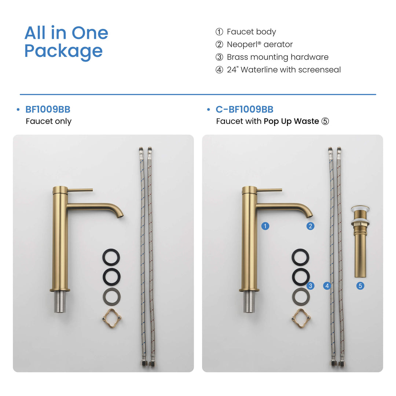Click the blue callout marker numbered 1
point(265,226)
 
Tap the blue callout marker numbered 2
point(311,226)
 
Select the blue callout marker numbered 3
point(311,286)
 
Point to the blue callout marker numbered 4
point(327,286)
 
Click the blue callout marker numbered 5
point(360,286)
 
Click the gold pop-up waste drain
point(360,241)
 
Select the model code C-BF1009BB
point(245,109)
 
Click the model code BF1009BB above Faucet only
point(48,109)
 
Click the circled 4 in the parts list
point(219,70)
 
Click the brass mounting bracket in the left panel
point(111,318)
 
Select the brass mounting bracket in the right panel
point(301,318)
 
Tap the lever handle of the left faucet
point(80,190)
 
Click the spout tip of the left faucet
point(121,216)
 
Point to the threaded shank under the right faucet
point(249,302)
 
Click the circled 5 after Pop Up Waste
point(325,121)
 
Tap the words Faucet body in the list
point(251,32)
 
